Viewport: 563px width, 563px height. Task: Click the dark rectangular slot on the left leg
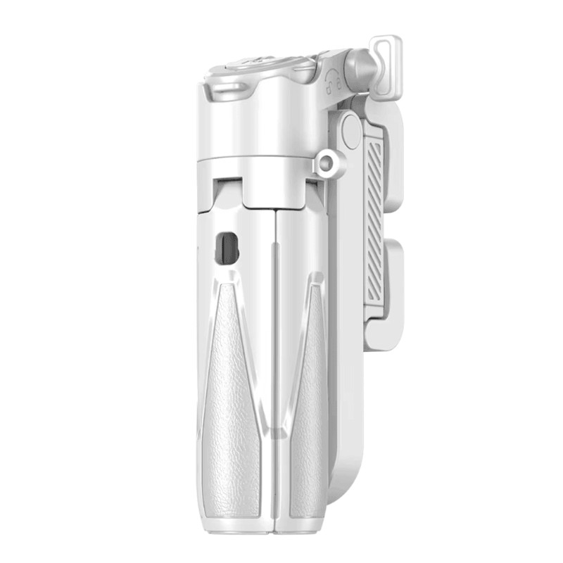click(226, 248)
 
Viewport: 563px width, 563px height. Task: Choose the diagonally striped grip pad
click(375, 219)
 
